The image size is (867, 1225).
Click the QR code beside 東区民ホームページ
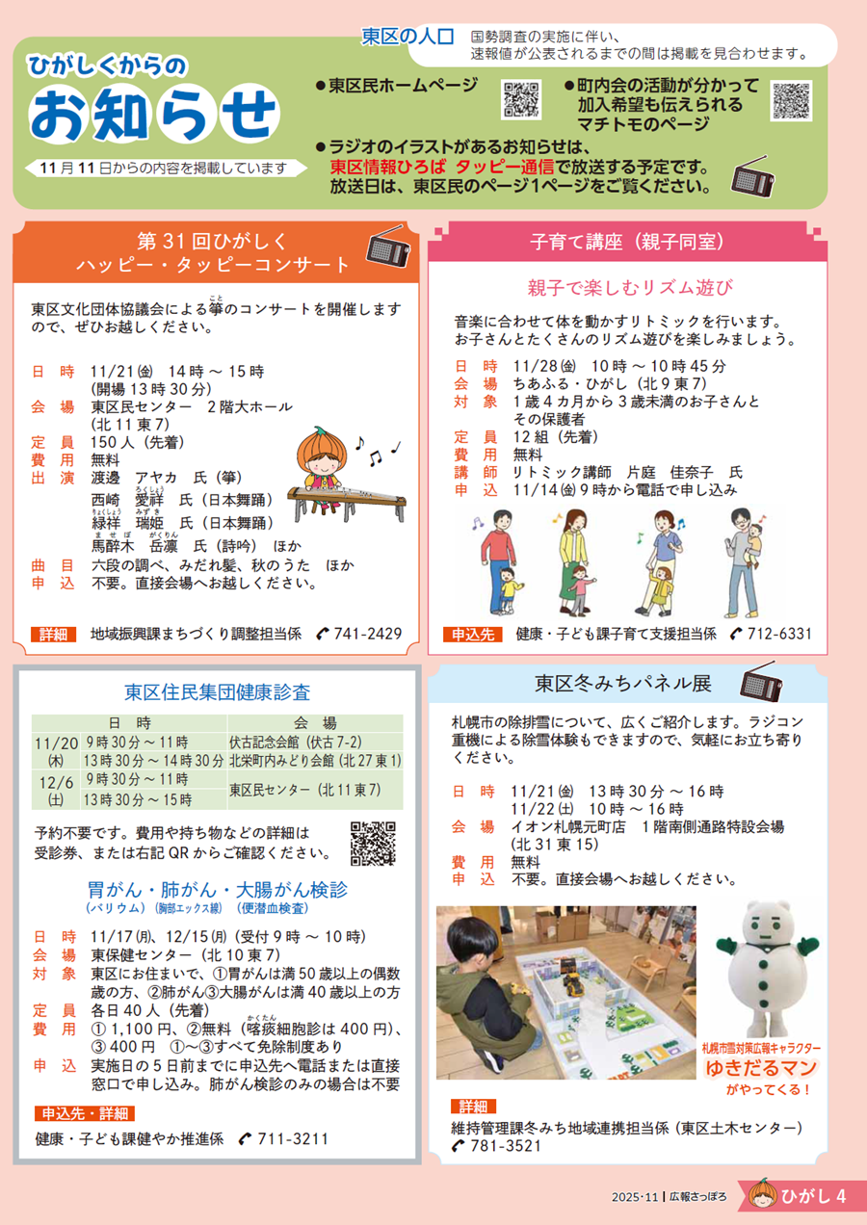pos(521,99)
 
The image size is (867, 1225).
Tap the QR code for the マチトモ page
pos(791,100)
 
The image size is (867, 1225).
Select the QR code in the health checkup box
pos(373,843)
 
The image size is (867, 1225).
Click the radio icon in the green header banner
pos(752,176)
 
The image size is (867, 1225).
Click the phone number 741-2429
pos(368,634)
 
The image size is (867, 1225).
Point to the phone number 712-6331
pos(779,634)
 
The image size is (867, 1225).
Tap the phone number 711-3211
pos(293,1138)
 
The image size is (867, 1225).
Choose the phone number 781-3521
pos(506,1146)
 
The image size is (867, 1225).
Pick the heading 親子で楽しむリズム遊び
pos(630,287)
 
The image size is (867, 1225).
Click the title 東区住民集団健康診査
pos(217,691)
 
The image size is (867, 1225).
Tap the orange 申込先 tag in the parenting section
pos(473,635)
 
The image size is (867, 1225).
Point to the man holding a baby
pos(744,562)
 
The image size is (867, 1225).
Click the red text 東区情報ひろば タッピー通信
pos(442,167)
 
